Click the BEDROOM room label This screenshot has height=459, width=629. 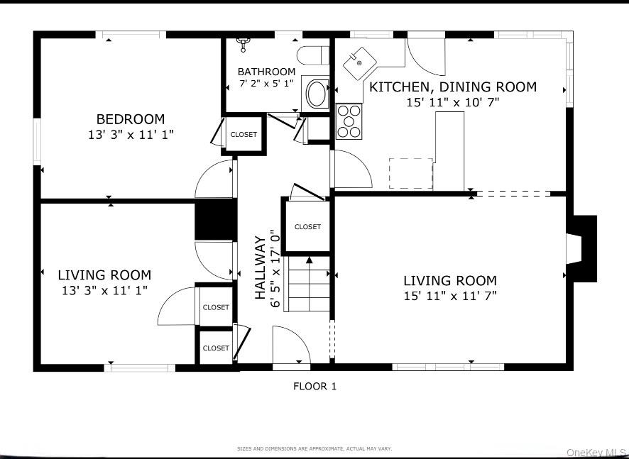[131, 119]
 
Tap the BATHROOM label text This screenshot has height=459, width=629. [266, 72]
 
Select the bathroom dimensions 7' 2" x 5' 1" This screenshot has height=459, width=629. [266, 83]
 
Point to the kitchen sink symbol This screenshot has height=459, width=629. [359, 64]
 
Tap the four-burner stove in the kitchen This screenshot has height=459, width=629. [349, 121]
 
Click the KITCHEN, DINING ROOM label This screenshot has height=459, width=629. [452, 87]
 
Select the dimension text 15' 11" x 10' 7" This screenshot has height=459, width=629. [452, 102]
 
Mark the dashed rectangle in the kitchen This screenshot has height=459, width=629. [410, 173]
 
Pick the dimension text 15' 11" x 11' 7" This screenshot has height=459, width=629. [450, 295]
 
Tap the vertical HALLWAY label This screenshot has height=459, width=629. [260, 267]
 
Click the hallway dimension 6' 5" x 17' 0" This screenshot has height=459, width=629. [275, 267]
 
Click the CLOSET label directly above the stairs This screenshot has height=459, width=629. [307, 227]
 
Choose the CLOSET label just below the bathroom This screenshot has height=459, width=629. [244, 134]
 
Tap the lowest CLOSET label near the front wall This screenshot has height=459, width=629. [216, 348]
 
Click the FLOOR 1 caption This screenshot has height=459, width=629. [314, 387]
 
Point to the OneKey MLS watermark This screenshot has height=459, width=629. [596, 452]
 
